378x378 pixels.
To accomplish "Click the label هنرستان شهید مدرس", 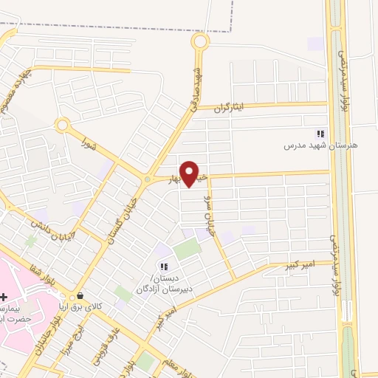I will coord(320,146).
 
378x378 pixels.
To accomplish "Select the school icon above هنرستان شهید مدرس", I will coord(320,134).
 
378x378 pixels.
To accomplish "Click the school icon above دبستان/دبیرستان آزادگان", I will coord(163,267).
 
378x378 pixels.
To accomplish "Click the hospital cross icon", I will coord(4,297).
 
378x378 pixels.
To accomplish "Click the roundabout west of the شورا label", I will coord(62,125).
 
